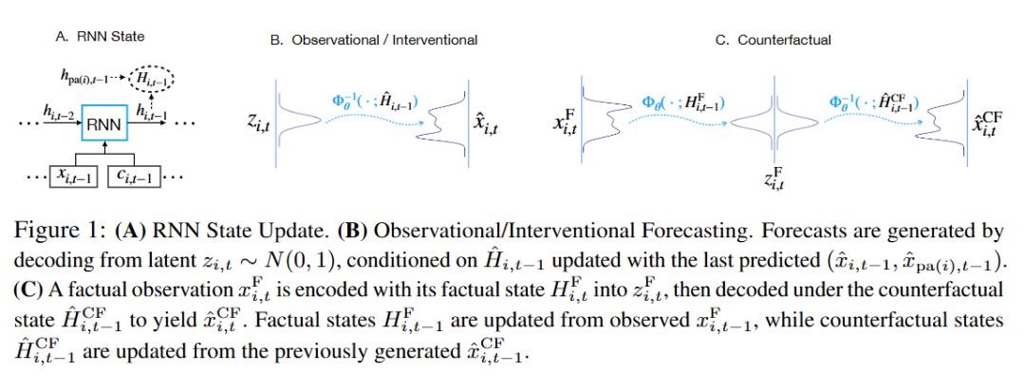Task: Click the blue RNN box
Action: pos(102,124)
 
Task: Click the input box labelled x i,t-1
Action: pos(73,176)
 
